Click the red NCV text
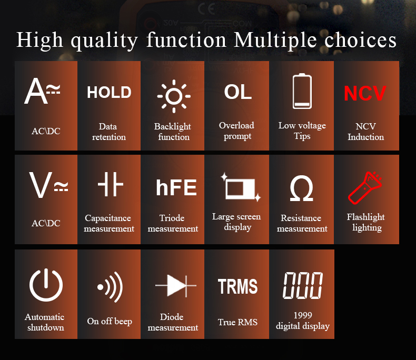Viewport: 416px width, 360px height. click(365, 93)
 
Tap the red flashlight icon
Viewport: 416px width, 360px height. click(365, 188)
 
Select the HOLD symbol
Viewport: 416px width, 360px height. click(109, 92)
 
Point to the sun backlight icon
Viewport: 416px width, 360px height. click(174, 96)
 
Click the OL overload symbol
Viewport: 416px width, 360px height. click(237, 92)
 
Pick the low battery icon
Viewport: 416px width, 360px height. click(302, 91)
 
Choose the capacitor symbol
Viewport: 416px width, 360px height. click(111, 184)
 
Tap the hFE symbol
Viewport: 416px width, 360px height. click(176, 187)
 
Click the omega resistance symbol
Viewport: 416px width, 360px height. click(302, 188)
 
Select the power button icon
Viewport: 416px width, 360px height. click(46, 285)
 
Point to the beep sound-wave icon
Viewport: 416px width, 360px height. click(110, 287)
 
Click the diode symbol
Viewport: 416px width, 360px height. click(176, 285)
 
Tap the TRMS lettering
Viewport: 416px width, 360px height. click(237, 286)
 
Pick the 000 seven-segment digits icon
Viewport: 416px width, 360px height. click(303, 285)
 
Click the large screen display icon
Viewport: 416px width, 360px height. click(241, 187)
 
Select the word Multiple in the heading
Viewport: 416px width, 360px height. click(275, 41)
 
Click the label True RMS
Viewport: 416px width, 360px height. click(237, 322)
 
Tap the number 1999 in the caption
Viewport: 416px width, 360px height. click(303, 315)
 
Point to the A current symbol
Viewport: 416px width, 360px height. click(42, 91)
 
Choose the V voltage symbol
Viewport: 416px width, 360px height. click(48, 185)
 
